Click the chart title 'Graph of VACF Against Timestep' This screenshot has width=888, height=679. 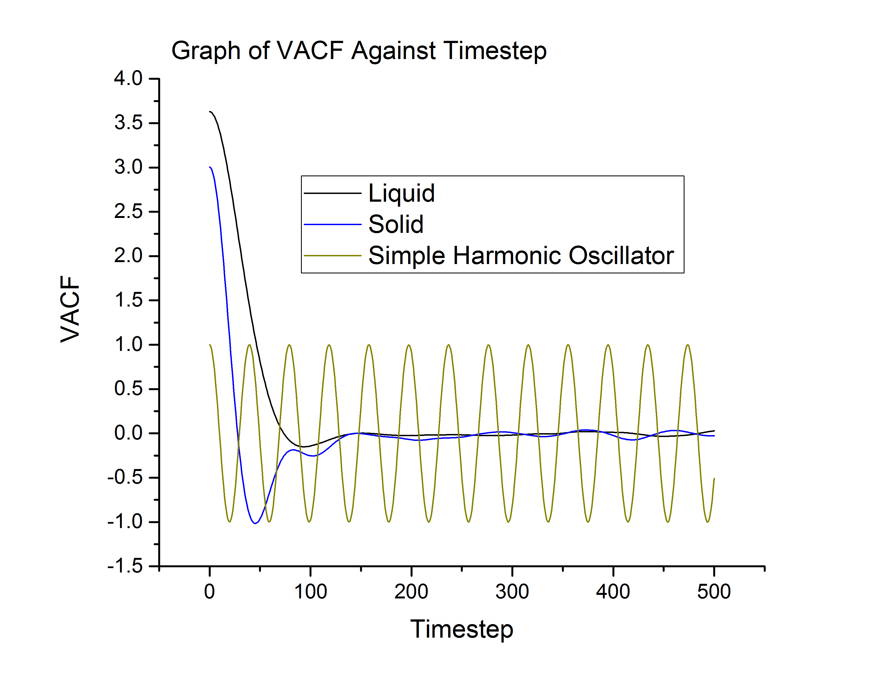[x=359, y=51]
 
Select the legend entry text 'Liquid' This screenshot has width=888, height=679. [x=401, y=193]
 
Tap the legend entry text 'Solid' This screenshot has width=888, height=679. [x=395, y=224]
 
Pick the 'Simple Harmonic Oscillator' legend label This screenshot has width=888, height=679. [x=521, y=255]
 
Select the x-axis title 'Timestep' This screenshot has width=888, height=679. [x=461, y=629]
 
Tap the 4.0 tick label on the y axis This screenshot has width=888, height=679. [x=128, y=78]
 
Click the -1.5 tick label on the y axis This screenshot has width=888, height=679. [x=125, y=566]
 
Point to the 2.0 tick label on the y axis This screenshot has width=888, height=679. [x=128, y=256]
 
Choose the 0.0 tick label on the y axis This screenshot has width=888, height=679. [x=128, y=433]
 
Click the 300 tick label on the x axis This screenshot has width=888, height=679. [x=512, y=592]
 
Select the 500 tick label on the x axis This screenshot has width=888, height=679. [x=714, y=592]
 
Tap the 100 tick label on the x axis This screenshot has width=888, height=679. [x=310, y=592]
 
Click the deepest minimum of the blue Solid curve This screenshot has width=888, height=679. [x=255, y=523]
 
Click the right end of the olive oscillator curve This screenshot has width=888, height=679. [x=714, y=478]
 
